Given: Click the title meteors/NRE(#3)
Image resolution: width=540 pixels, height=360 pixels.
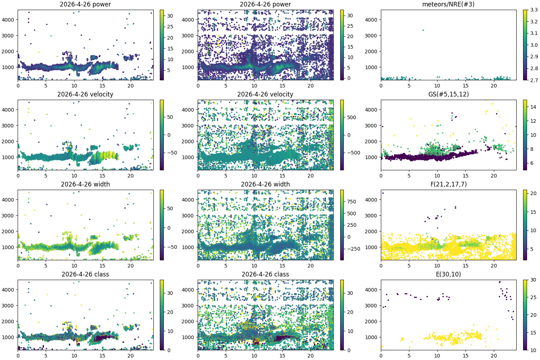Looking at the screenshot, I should [x=448, y=4].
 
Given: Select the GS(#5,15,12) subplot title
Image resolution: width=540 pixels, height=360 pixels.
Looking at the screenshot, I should [x=448, y=94].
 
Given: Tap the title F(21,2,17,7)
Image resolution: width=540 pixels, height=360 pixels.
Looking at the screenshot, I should [x=448, y=184].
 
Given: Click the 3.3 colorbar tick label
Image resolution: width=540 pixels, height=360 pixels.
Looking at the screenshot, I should [x=534, y=10].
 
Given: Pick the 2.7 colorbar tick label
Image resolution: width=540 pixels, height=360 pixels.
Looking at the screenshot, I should [x=534, y=80].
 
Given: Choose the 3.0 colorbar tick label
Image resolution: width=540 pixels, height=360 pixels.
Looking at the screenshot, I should [x=534, y=45].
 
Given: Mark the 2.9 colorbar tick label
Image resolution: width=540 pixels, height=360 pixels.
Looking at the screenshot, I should [x=534, y=57].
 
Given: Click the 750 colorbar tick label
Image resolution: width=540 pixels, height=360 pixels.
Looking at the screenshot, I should [x=351, y=202].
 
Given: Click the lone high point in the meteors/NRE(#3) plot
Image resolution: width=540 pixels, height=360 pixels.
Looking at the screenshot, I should [x=423, y=30].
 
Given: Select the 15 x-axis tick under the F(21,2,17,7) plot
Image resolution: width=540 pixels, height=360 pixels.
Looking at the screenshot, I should [x=465, y=266].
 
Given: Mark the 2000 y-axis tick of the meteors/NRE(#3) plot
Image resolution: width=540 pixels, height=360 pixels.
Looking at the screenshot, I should [x=371, y=51].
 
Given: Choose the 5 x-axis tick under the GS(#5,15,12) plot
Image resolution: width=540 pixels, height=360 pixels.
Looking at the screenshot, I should [x=409, y=176].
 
